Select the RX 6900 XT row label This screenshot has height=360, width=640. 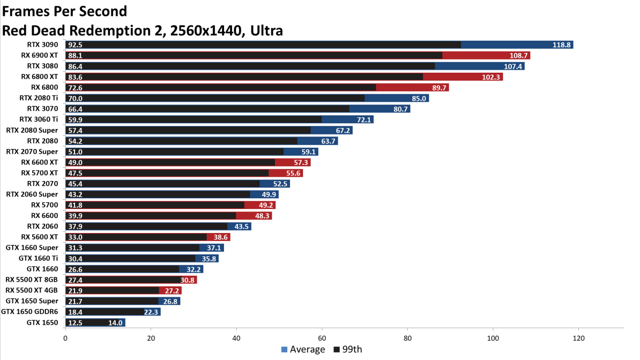click(x=39, y=55)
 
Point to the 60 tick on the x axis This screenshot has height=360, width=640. click(x=322, y=338)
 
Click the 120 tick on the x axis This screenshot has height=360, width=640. click(x=579, y=338)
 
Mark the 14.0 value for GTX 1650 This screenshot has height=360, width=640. click(x=115, y=322)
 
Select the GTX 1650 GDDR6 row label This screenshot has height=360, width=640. click(x=30, y=312)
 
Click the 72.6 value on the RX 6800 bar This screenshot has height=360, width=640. click(x=75, y=88)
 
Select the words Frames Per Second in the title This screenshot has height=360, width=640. click(x=65, y=11)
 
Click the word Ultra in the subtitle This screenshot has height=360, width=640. click(x=267, y=30)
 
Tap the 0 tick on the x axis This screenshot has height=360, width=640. click(x=65, y=338)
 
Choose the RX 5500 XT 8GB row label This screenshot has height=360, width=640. click(x=31, y=280)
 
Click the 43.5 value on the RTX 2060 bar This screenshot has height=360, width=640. click(x=242, y=226)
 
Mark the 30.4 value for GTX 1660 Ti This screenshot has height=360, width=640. click(x=75, y=258)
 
